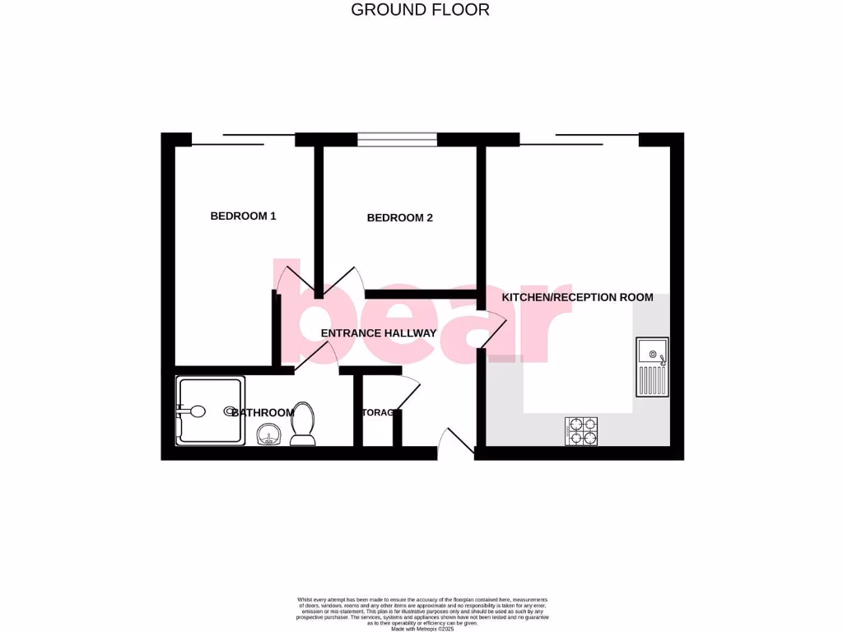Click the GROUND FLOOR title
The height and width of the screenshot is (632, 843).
[x=420, y=10]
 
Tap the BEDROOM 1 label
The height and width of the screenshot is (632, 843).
[x=243, y=216]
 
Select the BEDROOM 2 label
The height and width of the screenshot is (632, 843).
[x=399, y=218]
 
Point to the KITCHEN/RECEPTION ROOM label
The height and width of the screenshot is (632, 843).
[x=577, y=297]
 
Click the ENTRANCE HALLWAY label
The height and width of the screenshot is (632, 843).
[x=378, y=333]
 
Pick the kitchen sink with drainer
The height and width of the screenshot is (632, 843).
[x=652, y=367]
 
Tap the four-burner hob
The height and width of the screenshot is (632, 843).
[x=581, y=431]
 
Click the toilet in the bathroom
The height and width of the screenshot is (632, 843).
[x=303, y=424]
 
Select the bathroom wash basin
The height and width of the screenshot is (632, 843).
[x=268, y=434]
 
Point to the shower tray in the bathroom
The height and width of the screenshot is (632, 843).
[x=210, y=411]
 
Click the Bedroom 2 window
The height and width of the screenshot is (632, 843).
[x=397, y=139]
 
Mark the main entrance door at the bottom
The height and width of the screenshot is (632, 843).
[x=455, y=443]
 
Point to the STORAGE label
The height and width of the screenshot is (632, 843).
[x=380, y=413]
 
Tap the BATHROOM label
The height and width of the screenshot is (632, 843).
[x=263, y=412]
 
